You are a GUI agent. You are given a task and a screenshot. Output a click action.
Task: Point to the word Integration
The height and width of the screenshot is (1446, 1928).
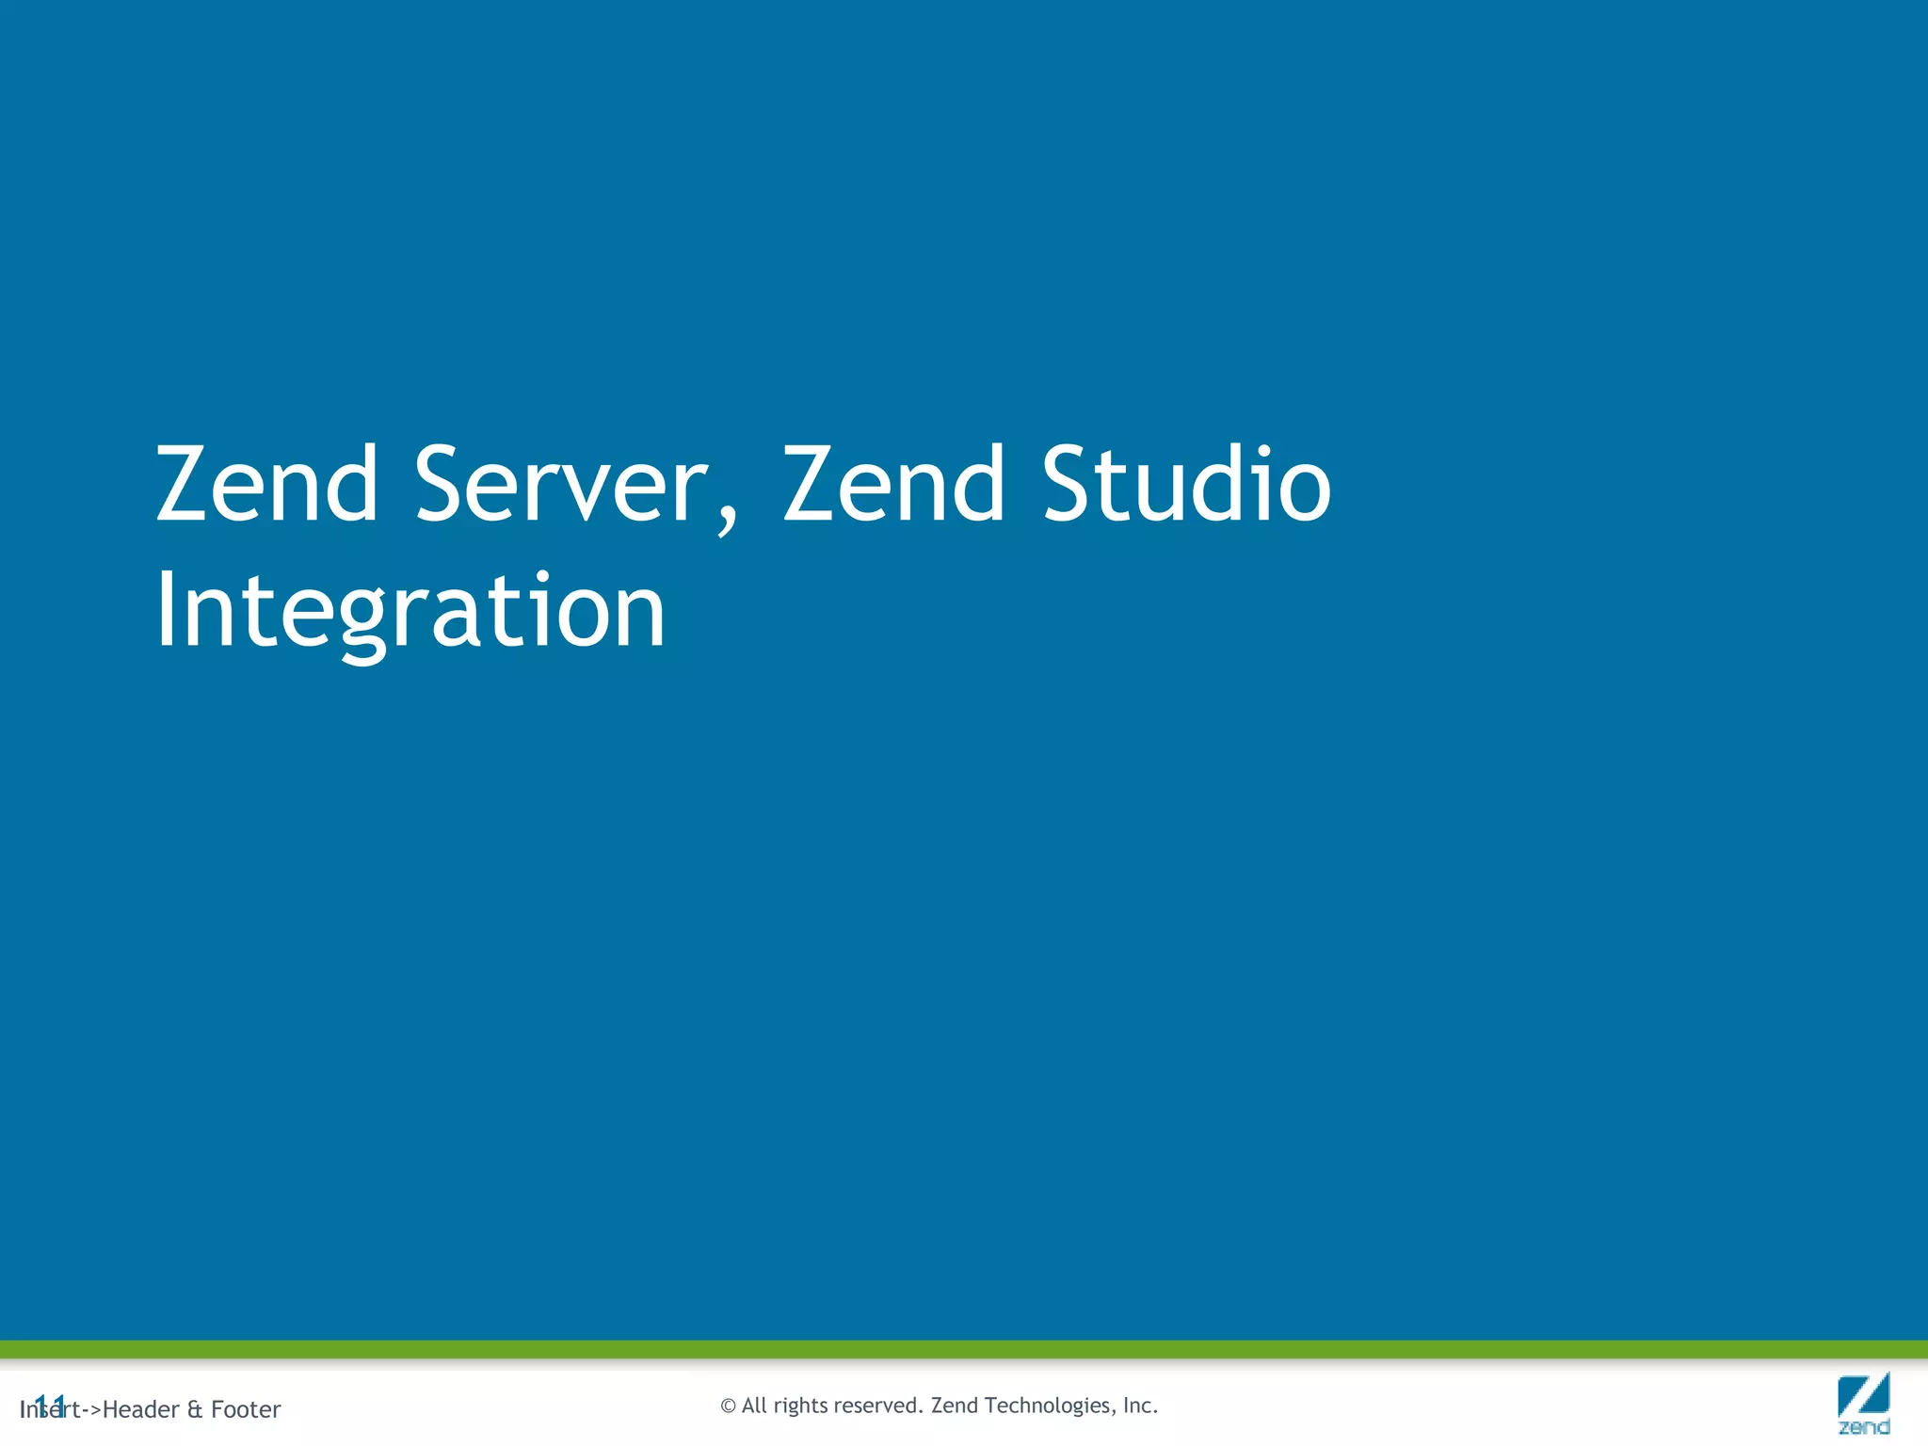click(x=410, y=612)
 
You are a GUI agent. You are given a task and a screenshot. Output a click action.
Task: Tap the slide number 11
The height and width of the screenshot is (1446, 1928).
click(x=49, y=1406)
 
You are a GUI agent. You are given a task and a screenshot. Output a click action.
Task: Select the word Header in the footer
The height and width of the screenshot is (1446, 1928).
click(x=140, y=1409)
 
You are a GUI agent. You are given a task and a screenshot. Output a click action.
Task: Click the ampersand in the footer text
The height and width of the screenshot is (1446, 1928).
click(x=195, y=1409)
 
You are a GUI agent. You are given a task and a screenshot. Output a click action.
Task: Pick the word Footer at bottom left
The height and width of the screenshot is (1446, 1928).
click(x=246, y=1409)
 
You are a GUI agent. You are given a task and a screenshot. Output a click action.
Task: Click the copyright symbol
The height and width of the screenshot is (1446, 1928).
click(x=728, y=1406)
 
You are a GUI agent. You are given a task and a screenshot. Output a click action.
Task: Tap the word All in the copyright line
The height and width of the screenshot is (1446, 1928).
click(x=754, y=1406)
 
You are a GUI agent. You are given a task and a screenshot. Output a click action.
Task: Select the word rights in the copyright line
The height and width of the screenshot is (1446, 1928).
click(x=801, y=1406)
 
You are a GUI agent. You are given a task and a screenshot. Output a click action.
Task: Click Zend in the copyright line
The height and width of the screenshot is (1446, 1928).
click(x=955, y=1406)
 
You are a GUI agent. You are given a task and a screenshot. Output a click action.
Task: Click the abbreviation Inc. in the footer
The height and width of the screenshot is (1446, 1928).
click(x=1140, y=1406)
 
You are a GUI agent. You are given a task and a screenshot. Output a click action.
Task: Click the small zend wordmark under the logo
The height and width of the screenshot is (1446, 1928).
click(x=1863, y=1427)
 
